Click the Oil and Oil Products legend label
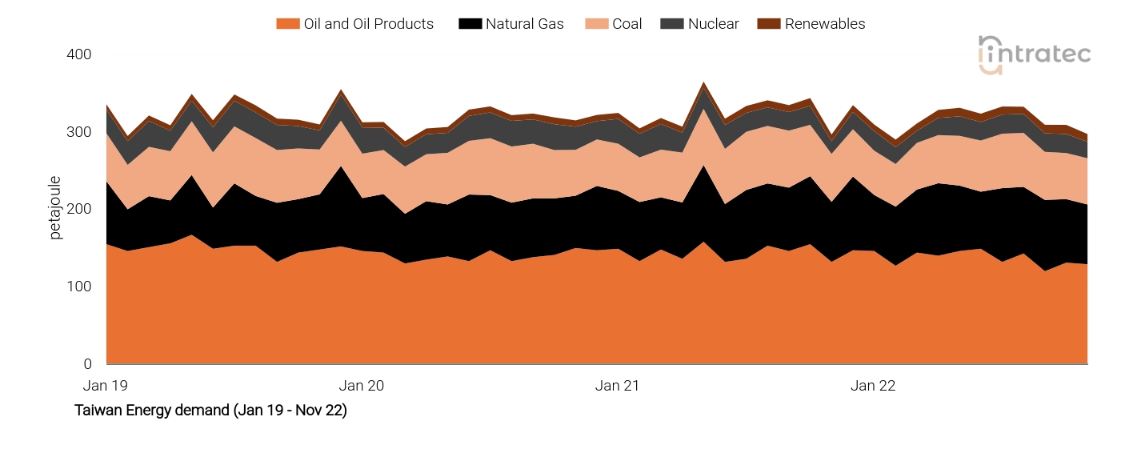coord(368,24)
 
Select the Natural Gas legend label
coord(524,24)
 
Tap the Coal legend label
coord(627,24)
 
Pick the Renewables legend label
coord(824,24)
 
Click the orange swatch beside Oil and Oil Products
coord(287,24)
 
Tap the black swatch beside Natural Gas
coord(469,24)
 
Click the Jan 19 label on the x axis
coord(106,386)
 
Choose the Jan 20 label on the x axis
coord(362,386)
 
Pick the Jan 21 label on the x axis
coord(618,386)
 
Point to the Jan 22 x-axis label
coord(873,386)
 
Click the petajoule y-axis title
coord(55,209)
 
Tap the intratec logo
coord(1034,54)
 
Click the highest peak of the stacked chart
coord(704,82)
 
